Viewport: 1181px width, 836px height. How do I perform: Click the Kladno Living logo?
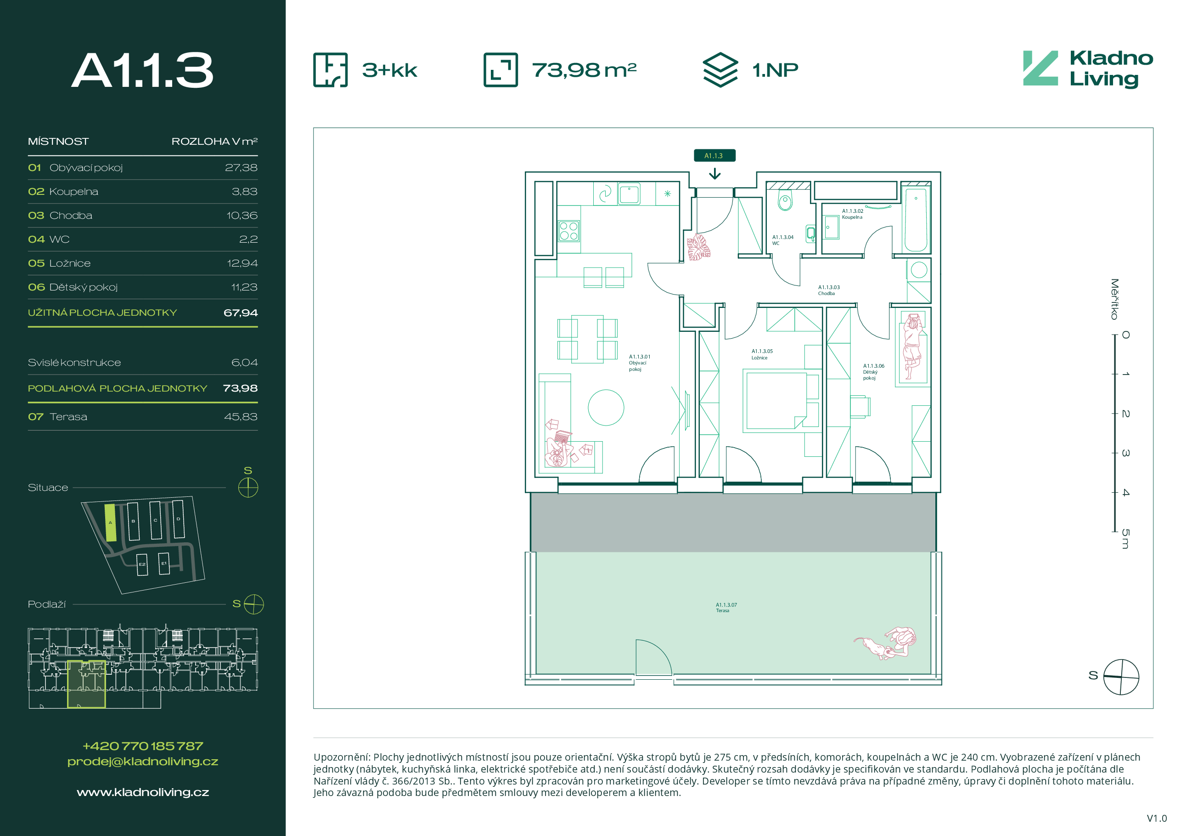pos(1088,69)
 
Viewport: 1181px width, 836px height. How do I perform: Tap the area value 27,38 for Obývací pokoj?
pos(241,168)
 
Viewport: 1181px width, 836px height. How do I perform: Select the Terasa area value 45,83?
pos(241,417)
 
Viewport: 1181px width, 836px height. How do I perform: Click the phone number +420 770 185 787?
pos(143,746)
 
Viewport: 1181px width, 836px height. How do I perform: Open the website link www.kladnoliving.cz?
pos(143,792)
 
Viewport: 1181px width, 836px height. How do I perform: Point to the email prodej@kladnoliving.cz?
pos(143,762)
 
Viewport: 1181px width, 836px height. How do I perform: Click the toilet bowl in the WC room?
pos(785,200)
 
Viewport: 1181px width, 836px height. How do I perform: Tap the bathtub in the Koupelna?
pos(916,220)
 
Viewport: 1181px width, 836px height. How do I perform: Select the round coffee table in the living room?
pos(606,408)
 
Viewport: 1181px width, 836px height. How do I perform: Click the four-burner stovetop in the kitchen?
pos(568,231)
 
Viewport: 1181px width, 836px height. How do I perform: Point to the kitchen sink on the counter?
pos(629,194)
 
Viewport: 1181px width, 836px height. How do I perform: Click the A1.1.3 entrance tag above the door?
pos(714,155)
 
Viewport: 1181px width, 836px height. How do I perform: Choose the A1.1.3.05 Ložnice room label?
pos(762,354)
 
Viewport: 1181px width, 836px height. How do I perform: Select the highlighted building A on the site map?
pos(110,523)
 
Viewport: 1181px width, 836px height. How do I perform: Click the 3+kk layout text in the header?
pos(389,70)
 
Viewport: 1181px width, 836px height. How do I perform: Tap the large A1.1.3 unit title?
pos(142,70)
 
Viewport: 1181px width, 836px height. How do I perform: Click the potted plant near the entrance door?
pos(698,247)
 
